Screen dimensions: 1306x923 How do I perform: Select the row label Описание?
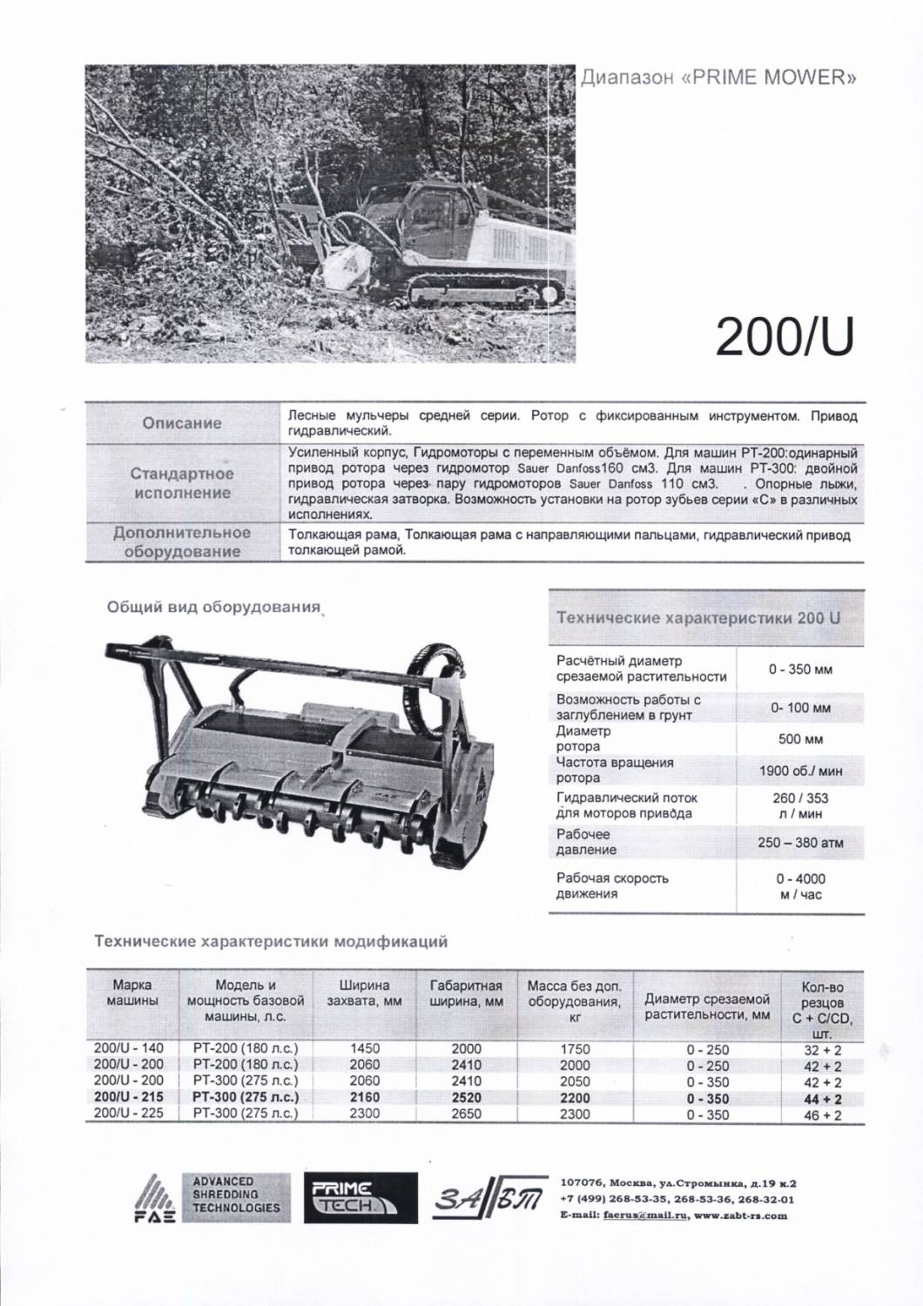[182, 423]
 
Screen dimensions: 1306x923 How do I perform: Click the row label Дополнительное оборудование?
[182, 542]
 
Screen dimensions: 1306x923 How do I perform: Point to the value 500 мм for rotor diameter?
[800, 739]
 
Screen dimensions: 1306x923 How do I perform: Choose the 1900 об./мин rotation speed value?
[800, 771]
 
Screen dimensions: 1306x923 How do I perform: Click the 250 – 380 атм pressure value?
[800, 843]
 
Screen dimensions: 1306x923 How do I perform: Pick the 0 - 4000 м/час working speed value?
[800, 886]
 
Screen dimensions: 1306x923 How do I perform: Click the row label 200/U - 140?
[129, 1049]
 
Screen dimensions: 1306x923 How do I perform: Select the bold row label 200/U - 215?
[129, 1098]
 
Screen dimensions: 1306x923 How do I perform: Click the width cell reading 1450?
[364, 1049]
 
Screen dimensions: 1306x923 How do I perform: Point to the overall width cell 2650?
[466, 1114]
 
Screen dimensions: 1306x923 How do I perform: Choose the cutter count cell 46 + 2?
[822, 1114]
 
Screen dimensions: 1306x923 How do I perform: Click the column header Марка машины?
[131, 993]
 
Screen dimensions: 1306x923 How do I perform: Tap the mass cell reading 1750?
[574, 1049]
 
